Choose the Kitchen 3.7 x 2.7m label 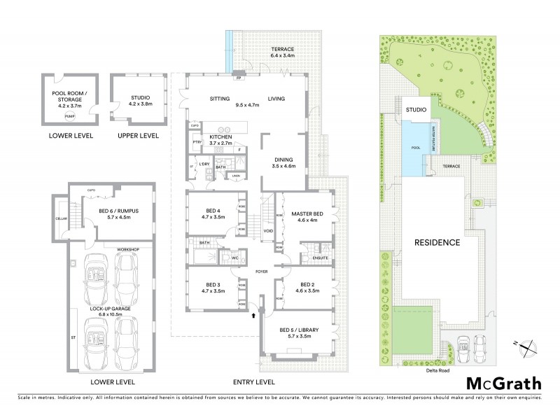[x=225, y=139]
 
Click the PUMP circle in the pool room [x=69, y=116]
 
